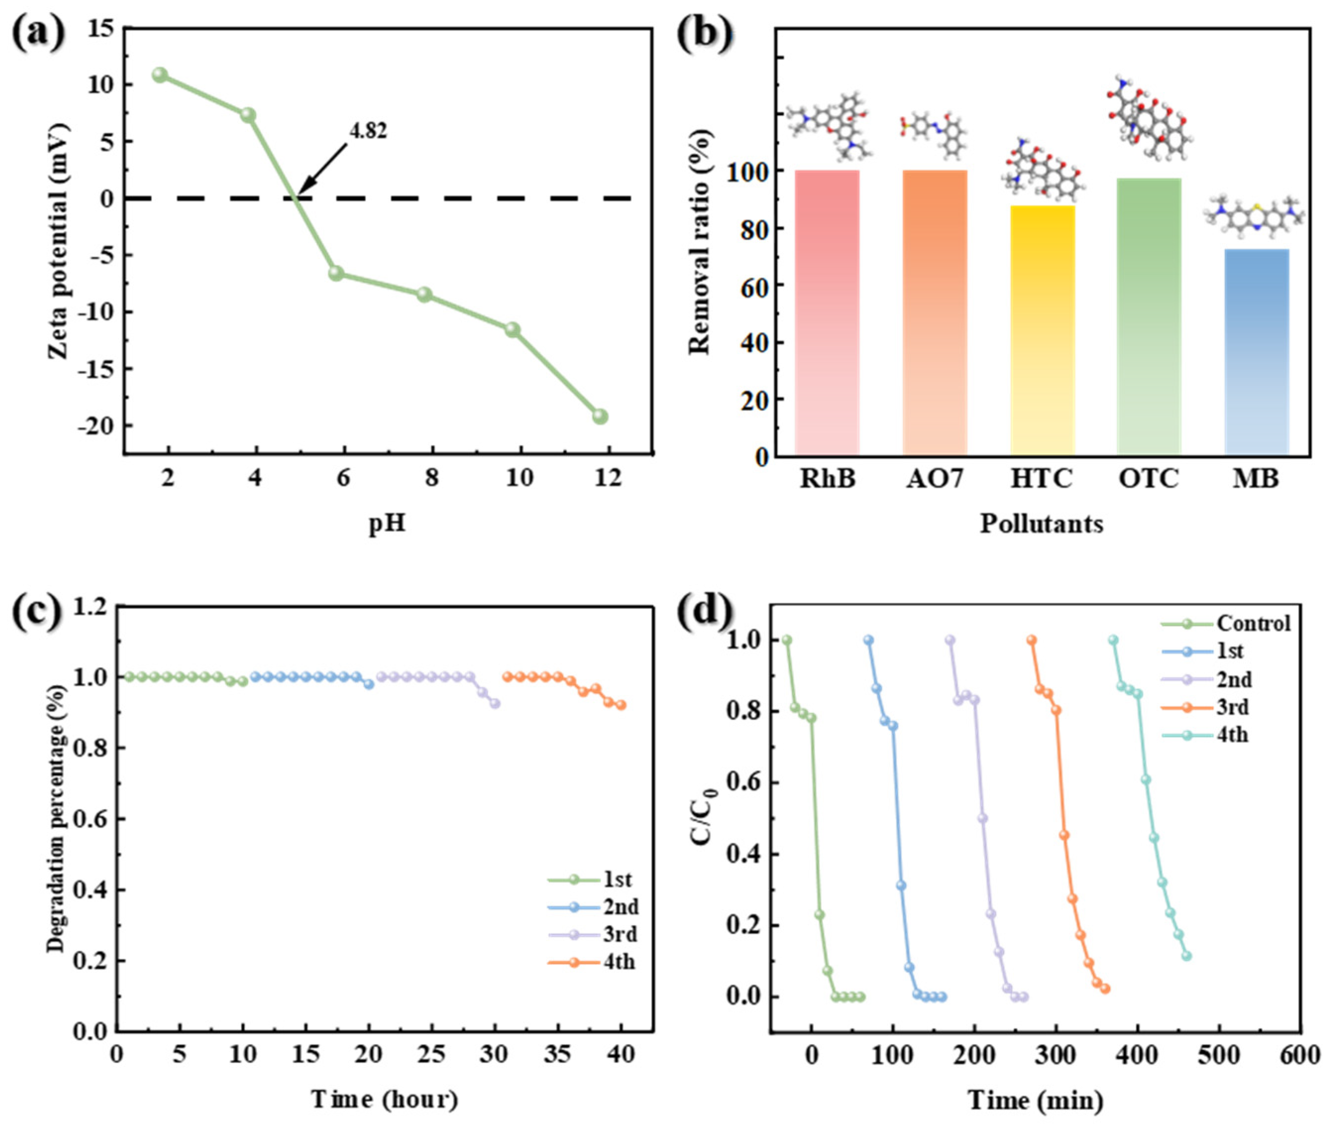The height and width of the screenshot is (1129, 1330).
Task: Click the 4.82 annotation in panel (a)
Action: (x=368, y=131)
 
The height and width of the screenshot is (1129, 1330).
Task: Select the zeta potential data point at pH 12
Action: (x=599, y=417)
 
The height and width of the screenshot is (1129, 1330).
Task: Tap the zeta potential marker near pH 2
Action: (x=160, y=75)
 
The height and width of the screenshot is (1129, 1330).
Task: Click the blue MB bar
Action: (x=1256, y=352)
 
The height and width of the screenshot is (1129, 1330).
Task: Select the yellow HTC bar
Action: (x=1042, y=330)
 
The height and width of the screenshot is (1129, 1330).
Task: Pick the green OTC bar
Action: (x=1149, y=317)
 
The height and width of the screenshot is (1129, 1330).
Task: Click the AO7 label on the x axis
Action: (x=935, y=478)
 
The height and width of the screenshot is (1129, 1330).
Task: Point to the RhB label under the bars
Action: (x=827, y=478)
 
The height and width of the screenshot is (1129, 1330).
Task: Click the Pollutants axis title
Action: (x=1042, y=523)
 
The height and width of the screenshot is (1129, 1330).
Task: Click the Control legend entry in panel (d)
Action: (x=1253, y=623)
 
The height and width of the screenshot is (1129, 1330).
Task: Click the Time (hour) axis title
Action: (x=384, y=1100)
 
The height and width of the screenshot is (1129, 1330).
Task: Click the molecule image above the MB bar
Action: (x=1254, y=215)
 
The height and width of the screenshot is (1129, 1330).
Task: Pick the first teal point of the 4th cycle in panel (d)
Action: (x=1113, y=640)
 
